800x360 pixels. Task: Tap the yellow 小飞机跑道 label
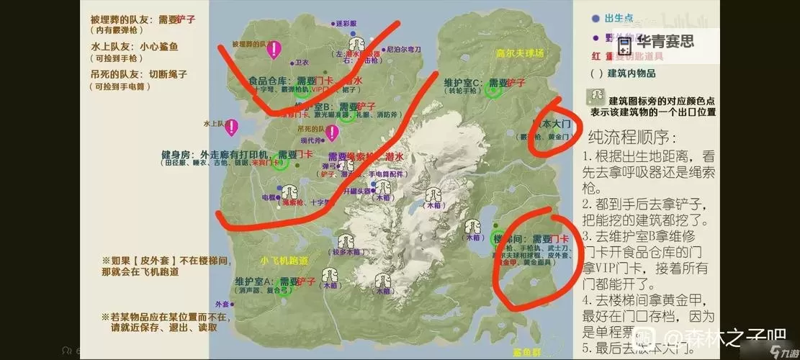point(284,260)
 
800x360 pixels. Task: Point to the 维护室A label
point(252,281)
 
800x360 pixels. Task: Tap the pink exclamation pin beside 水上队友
point(231,128)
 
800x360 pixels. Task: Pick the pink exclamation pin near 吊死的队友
point(331,133)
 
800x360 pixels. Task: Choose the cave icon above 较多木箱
point(344,240)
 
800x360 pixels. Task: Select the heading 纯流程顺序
point(632,136)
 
